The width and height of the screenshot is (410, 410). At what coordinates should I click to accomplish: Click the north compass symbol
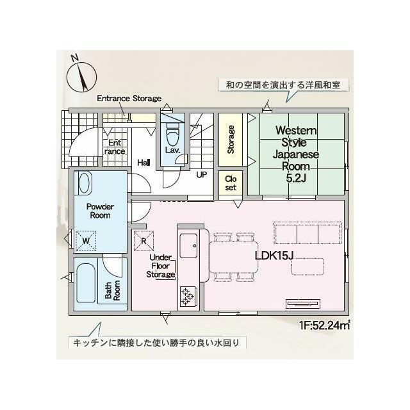(81, 76)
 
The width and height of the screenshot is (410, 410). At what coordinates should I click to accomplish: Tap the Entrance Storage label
(129, 98)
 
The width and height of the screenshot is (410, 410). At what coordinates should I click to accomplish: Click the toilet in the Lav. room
(173, 135)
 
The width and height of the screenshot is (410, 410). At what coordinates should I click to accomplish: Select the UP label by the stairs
(202, 175)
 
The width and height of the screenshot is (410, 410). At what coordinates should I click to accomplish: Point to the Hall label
(143, 163)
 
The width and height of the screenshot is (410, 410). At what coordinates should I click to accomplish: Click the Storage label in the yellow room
(231, 140)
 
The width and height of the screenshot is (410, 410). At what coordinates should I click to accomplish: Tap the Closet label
(231, 183)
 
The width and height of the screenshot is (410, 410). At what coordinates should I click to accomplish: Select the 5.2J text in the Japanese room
(296, 178)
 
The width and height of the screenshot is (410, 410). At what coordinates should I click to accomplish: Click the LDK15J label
(274, 256)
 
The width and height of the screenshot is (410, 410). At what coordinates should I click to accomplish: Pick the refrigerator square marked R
(143, 241)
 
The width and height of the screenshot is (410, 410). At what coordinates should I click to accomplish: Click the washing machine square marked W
(86, 241)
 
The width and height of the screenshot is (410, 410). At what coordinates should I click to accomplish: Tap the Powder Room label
(100, 211)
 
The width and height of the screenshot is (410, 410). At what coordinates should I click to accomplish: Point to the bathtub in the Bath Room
(86, 283)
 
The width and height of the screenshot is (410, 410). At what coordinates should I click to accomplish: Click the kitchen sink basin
(188, 245)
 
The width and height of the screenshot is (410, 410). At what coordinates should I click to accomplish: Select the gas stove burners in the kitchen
(187, 297)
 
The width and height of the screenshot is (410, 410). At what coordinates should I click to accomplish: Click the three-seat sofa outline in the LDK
(307, 233)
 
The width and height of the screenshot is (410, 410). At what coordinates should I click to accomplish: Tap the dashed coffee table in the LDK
(307, 266)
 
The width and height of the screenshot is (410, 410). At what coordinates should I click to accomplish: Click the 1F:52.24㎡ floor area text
(325, 325)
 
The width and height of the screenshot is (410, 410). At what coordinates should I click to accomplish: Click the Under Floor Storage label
(161, 266)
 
